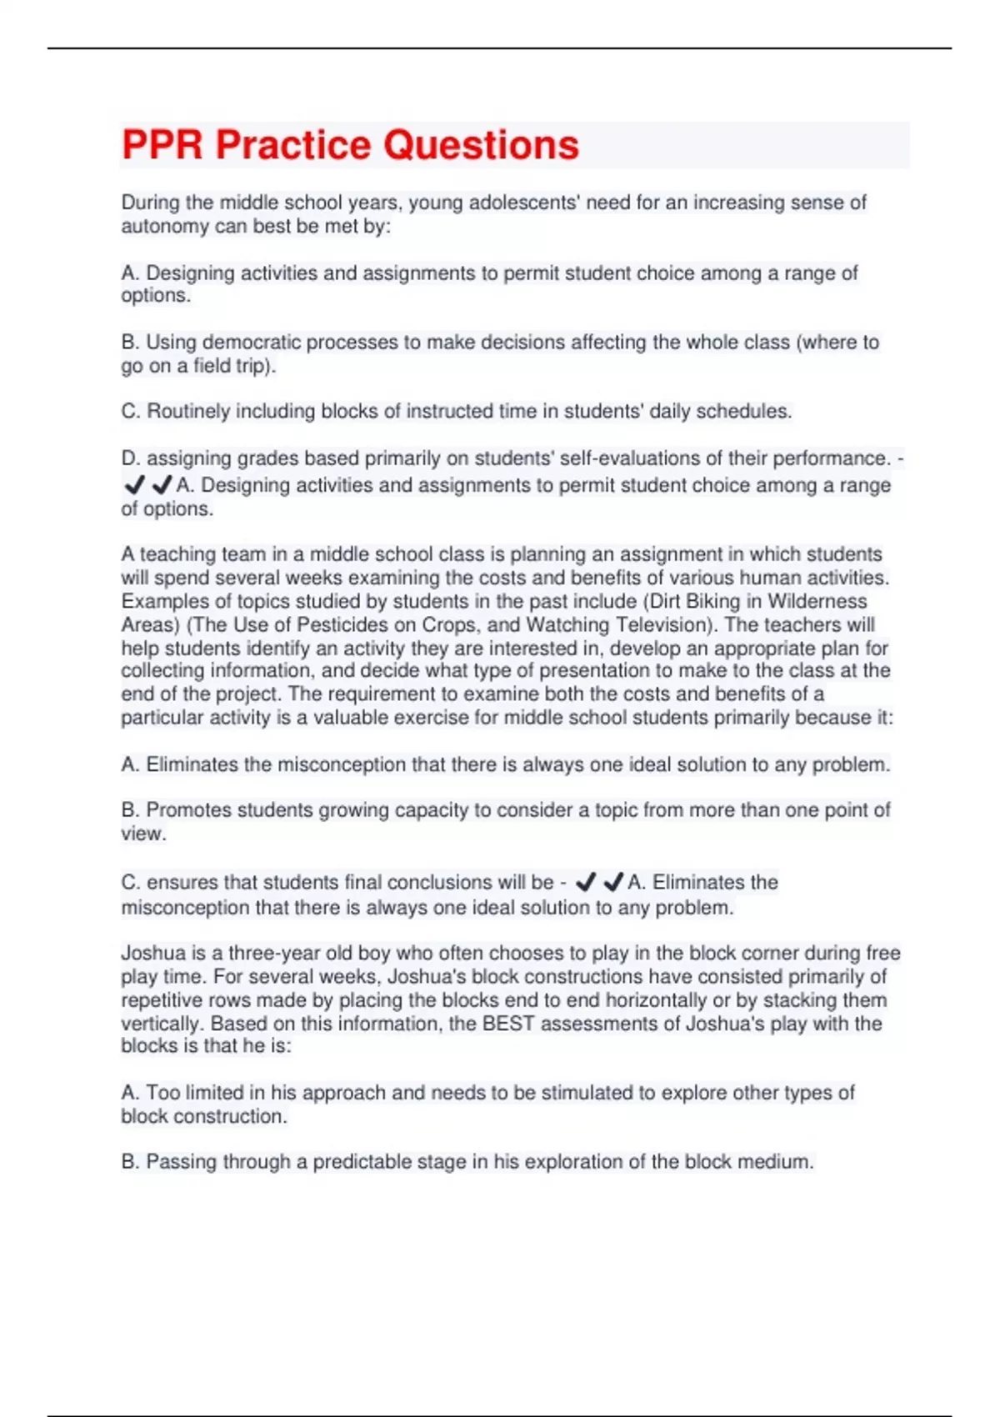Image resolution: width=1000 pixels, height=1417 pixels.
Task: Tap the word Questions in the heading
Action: point(481,145)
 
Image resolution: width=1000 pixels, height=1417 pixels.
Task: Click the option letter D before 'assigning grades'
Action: point(129,458)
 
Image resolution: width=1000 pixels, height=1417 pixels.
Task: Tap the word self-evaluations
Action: point(626,458)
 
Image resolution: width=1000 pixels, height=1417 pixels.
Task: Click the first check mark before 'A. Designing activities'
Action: point(133,484)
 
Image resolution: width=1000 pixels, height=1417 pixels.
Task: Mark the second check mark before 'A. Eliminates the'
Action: point(613,882)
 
